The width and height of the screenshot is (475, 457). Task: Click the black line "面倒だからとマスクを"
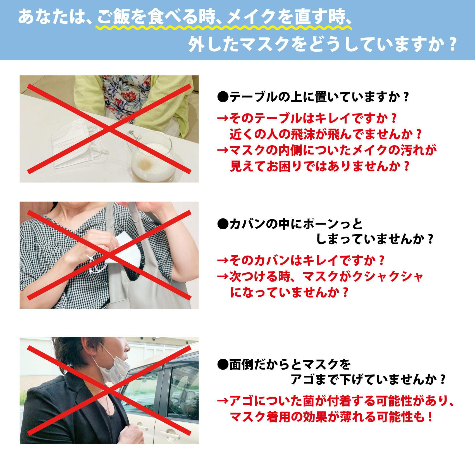(x=284, y=364)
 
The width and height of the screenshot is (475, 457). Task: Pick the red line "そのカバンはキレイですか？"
(x=301, y=261)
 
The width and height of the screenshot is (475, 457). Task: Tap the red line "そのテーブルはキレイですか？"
(x=307, y=118)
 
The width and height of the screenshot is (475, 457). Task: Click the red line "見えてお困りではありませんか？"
(x=319, y=166)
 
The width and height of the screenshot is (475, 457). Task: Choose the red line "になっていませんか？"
(x=289, y=292)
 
